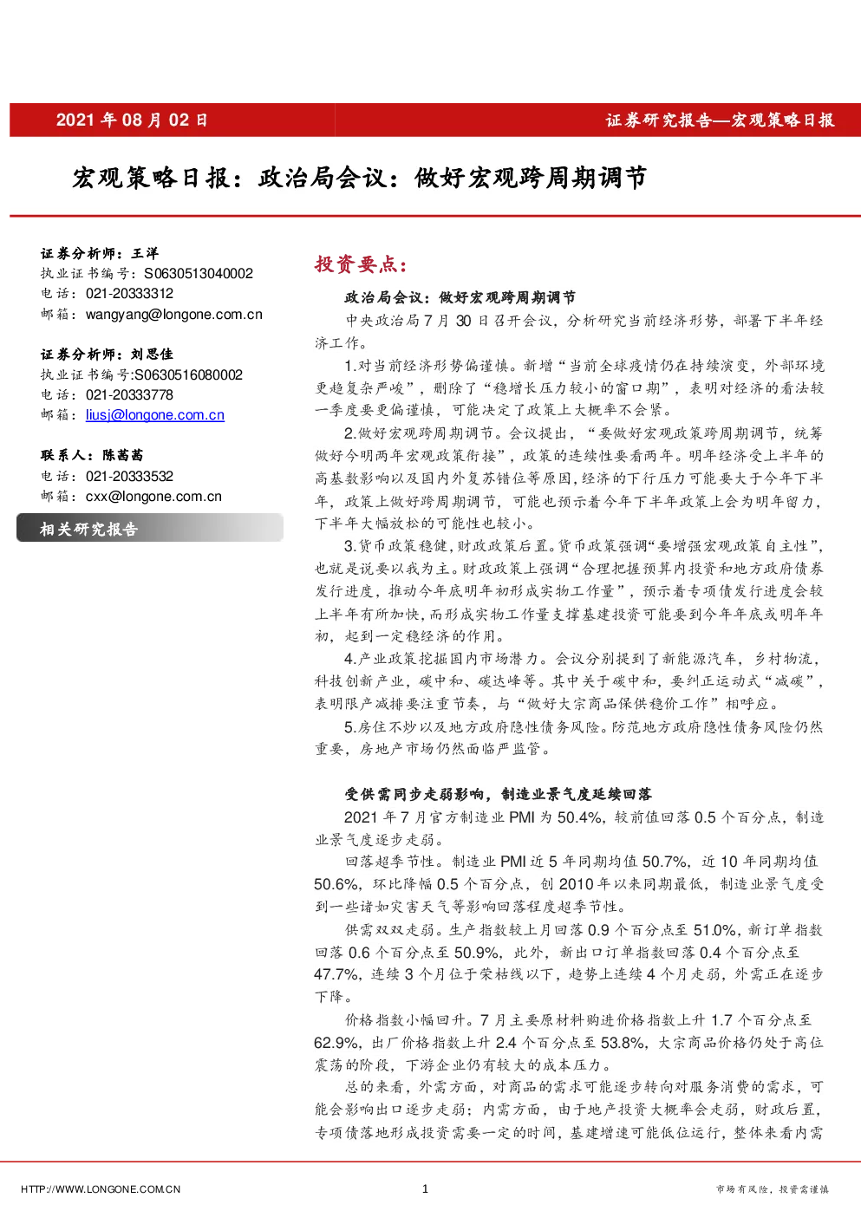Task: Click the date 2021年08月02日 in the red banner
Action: [132, 120]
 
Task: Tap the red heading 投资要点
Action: [361, 264]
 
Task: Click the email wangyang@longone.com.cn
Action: [174, 314]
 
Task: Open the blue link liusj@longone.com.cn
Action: [155, 414]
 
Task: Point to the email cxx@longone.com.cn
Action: [153, 496]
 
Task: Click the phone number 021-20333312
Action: [129, 293]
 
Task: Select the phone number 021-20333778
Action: [129, 394]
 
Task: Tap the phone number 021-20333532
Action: [129, 476]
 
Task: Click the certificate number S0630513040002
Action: [199, 273]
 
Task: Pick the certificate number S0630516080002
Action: [188, 374]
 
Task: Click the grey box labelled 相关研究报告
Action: [150, 528]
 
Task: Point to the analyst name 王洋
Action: [145, 253]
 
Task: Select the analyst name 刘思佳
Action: [152, 355]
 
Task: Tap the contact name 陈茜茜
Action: [123, 455]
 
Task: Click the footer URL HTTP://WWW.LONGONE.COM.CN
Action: [101, 1189]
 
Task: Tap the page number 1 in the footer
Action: [425, 1188]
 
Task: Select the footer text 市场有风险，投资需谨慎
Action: [772, 1189]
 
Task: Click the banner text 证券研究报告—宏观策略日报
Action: [720, 120]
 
